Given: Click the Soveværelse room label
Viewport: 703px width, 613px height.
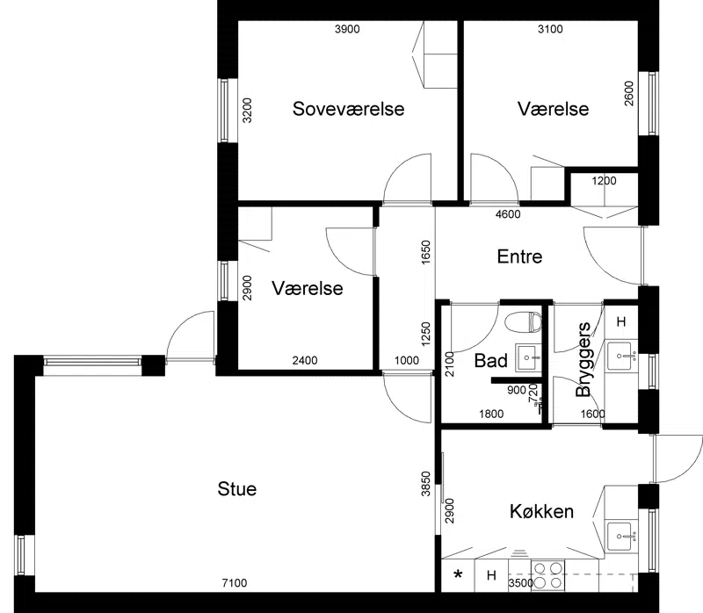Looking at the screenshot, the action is [348, 109].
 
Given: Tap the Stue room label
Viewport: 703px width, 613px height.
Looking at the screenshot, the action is [237, 489].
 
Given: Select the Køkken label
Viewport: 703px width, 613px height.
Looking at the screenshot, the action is [541, 511].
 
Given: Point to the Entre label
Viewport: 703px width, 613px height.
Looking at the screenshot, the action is [519, 256].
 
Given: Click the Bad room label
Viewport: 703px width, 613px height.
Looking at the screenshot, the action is [491, 360].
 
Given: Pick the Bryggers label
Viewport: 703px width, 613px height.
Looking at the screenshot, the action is [583, 360].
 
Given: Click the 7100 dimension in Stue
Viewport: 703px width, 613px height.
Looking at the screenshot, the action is [235, 583].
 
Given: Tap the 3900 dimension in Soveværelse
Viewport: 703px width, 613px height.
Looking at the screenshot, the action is [347, 29].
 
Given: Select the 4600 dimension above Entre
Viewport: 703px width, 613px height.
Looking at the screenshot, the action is [508, 214].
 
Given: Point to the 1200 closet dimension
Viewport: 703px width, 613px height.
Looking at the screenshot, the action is [604, 181].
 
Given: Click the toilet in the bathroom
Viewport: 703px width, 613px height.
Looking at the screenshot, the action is [523, 322].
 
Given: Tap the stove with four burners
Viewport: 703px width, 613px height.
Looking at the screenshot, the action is [547, 575].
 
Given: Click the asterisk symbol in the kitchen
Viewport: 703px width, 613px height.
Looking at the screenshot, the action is [458, 574].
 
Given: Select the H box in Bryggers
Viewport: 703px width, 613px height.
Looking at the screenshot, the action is [621, 321].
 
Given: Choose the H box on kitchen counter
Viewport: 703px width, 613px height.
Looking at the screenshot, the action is [491, 575].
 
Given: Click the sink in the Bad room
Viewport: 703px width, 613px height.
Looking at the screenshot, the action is [528, 357].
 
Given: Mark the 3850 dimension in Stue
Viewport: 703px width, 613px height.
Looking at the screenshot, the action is [426, 484].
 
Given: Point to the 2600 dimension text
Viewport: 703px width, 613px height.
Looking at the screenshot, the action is [629, 93].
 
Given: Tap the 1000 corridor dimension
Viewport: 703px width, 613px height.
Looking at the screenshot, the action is [407, 360].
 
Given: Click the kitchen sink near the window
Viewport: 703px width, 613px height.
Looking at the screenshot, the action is [621, 537].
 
